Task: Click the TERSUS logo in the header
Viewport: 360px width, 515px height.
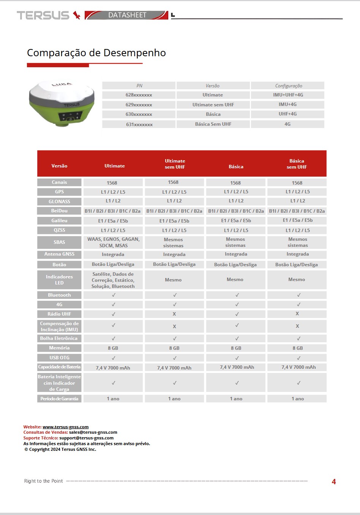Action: coord(48,15)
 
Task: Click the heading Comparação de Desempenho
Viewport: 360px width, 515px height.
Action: coord(96,53)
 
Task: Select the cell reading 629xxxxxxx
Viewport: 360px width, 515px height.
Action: coord(139,105)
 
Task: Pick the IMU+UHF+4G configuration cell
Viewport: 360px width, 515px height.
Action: coord(288,95)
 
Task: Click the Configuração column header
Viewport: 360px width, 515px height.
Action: coord(288,86)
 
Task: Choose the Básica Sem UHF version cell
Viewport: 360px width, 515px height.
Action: coord(213,124)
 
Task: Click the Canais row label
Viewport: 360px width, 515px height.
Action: coord(59,182)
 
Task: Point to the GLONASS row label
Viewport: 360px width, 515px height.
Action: coord(59,202)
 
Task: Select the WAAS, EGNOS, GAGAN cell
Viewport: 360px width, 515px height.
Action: coord(113,242)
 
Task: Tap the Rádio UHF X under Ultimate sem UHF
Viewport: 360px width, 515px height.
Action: coord(174,314)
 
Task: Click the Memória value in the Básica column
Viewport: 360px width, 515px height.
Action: coord(236,348)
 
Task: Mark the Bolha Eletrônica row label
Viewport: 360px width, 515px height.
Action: coord(59,338)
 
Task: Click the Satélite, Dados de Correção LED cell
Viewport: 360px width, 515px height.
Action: coord(113,280)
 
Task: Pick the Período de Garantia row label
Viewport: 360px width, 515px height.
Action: coord(59,399)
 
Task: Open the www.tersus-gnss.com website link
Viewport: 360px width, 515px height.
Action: coord(65,427)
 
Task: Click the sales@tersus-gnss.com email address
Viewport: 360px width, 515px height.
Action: coord(93,432)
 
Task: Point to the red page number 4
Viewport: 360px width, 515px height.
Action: coord(334,482)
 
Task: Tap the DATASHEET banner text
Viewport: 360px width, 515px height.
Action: coord(127,15)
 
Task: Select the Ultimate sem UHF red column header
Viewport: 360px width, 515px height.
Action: coord(175,164)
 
